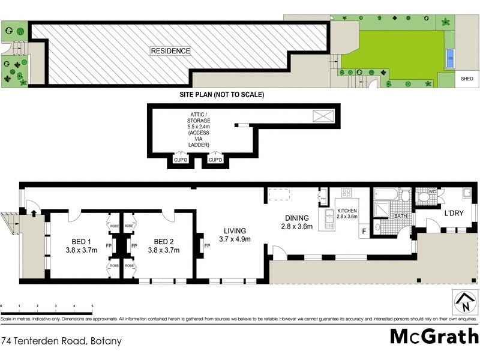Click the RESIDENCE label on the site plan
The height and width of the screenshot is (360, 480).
pyautogui.click(x=170, y=51)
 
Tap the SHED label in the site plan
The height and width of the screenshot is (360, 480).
pyautogui.click(x=466, y=79)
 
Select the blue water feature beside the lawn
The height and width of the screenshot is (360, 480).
pyautogui.click(x=450, y=58)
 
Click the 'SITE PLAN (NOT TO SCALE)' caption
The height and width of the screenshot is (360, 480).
pyautogui.click(x=222, y=95)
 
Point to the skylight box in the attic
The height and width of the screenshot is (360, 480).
pyautogui.click(x=322, y=116)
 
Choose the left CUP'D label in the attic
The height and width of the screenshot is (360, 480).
pyautogui.click(x=181, y=160)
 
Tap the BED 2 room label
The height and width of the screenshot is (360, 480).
pyautogui.click(x=159, y=242)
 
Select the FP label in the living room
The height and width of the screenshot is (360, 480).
pyautogui.click(x=207, y=246)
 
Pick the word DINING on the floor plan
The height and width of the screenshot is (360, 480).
pyautogui.click(x=297, y=218)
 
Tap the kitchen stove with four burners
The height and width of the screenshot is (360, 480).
pyautogui.click(x=346, y=193)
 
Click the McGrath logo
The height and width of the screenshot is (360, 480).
pyautogui.click(x=434, y=337)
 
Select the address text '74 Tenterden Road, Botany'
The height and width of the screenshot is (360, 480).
pyautogui.click(x=62, y=341)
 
